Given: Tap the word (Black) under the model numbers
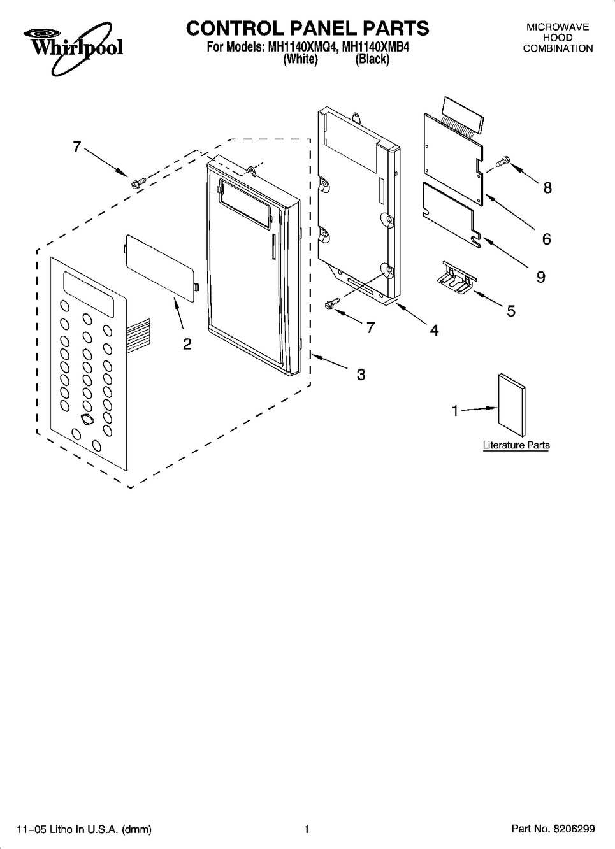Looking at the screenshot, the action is pyautogui.click(x=372, y=59).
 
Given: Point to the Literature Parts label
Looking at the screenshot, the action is pyautogui.click(x=516, y=445).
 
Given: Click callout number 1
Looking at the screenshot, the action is pyautogui.click(x=456, y=410).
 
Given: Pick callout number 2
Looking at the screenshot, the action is pyautogui.click(x=187, y=344).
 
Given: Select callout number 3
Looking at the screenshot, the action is pyautogui.click(x=361, y=375).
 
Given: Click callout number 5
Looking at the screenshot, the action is pyautogui.click(x=511, y=311).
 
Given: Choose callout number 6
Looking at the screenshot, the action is pyautogui.click(x=546, y=239).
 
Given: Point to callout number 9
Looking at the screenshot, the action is pyautogui.click(x=541, y=277).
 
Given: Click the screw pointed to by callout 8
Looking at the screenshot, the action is pyautogui.click(x=502, y=162).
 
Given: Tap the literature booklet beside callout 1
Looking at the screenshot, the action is pyautogui.click(x=512, y=406).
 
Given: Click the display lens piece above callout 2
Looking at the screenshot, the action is pyautogui.click(x=163, y=268).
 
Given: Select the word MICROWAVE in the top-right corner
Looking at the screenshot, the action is pyautogui.click(x=558, y=27).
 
